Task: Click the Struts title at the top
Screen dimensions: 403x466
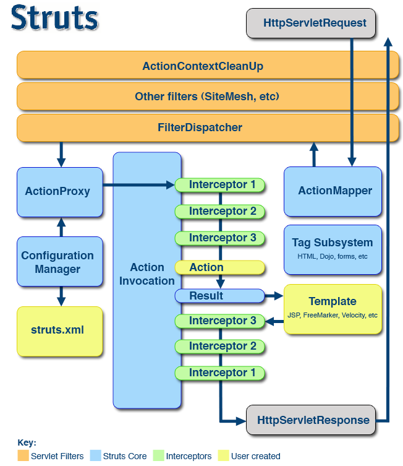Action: click(54, 17)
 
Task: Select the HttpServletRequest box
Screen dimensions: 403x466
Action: click(311, 23)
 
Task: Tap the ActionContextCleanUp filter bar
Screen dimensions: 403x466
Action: click(208, 65)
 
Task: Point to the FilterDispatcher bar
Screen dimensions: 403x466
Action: click(208, 127)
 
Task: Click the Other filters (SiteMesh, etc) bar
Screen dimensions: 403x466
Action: click(208, 97)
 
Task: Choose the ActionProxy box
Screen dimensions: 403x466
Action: click(60, 192)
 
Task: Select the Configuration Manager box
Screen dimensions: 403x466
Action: click(60, 262)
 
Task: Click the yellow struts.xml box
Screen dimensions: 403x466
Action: click(60, 331)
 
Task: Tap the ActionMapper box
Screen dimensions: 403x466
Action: click(333, 191)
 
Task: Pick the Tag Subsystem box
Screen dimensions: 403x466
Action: click(333, 249)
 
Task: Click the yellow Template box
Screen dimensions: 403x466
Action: click(333, 309)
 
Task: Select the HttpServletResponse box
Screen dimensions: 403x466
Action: click(311, 420)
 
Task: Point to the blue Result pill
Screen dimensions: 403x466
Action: click(219, 296)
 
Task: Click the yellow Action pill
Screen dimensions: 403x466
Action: click(219, 267)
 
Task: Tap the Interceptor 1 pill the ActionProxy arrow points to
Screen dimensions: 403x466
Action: click(219, 185)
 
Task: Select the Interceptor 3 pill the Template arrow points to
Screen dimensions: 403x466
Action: click(219, 321)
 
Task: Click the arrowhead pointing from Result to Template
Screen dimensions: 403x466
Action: click(279, 296)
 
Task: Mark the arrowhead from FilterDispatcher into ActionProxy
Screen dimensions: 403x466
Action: click(61, 162)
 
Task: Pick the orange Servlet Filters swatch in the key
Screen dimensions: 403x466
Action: click(23, 455)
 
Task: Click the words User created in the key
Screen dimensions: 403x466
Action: click(255, 456)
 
